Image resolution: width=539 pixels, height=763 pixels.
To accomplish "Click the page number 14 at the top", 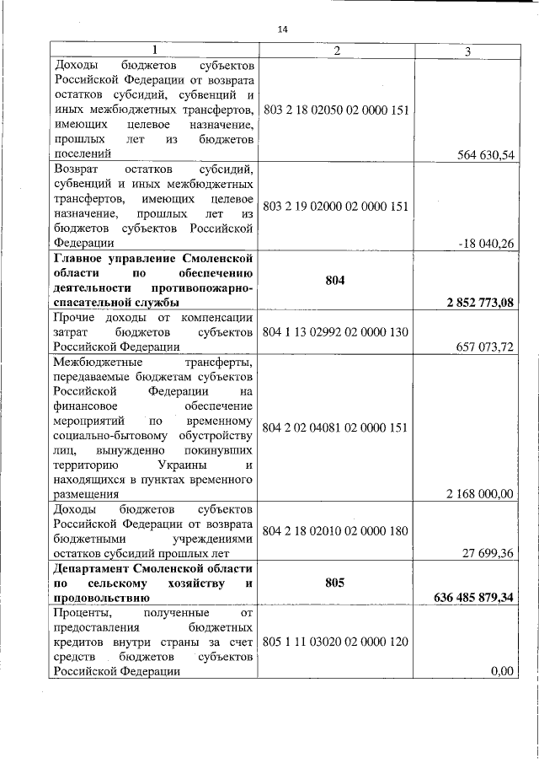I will [282, 30].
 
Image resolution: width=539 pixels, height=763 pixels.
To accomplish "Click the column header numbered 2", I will [336, 51].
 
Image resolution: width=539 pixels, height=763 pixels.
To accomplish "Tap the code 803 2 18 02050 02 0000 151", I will [336, 110].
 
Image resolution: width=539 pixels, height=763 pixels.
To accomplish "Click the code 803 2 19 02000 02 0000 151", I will [336, 206].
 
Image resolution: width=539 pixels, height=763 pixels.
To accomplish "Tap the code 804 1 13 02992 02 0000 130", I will [336, 331].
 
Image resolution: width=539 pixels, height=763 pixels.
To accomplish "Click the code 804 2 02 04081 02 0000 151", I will [336, 427].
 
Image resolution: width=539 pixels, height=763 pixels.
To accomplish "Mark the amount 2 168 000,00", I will [479, 493].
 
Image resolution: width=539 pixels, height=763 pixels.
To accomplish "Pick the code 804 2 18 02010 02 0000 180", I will [336, 531].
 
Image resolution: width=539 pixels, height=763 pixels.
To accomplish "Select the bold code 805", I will [334, 582].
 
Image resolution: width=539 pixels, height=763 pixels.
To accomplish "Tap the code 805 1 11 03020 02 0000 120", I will [336, 642].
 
